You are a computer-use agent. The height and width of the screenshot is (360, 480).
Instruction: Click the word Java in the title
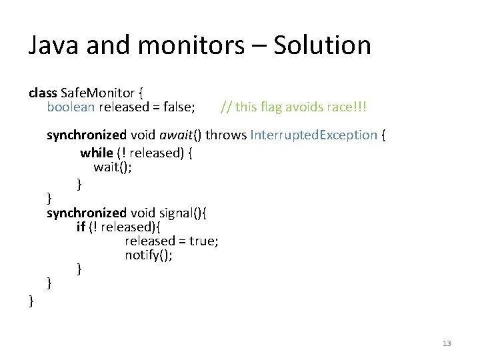51,45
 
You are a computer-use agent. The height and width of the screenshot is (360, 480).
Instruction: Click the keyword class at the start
43,93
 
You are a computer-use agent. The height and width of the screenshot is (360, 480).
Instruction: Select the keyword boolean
69,106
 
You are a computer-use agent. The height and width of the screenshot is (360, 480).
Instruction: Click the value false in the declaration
179,106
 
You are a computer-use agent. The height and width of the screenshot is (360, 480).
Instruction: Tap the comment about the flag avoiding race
294,106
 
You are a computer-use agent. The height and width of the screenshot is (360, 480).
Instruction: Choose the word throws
225,135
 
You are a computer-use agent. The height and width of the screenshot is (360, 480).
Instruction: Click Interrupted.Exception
313,135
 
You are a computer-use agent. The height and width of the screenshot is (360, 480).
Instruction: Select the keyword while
97,153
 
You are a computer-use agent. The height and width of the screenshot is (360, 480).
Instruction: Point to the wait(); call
112,167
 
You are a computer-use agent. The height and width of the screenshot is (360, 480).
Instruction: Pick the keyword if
81,227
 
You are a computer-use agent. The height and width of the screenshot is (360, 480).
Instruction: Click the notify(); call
149,255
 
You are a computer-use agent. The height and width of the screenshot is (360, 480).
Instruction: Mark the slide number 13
447,343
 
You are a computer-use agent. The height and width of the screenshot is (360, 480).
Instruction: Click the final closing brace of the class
31,301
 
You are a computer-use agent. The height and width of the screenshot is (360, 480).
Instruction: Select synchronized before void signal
86,213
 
